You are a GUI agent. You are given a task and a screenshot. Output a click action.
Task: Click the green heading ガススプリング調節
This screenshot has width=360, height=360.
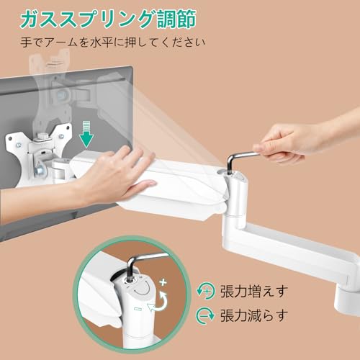click(x=108, y=19)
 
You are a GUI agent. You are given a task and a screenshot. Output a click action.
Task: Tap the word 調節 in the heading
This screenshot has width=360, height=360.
click(x=177, y=19)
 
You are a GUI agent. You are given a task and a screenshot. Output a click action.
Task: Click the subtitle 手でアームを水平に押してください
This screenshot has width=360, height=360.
click(x=113, y=42)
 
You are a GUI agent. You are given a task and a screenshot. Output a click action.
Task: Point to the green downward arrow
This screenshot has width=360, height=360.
click(x=86, y=134)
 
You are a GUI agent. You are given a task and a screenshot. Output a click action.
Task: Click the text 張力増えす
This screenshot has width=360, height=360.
click(x=254, y=291)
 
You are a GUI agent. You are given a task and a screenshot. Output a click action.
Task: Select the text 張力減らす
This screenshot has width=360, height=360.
click(x=254, y=315)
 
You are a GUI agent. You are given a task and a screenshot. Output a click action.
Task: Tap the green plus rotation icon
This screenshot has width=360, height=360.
click(x=205, y=291)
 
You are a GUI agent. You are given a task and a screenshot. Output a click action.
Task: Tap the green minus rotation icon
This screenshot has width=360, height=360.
click(x=205, y=315)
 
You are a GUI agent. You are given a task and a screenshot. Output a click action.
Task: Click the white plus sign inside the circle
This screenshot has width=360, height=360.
click(x=163, y=282)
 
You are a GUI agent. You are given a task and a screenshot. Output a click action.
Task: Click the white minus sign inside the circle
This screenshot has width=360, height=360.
click(x=138, y=309)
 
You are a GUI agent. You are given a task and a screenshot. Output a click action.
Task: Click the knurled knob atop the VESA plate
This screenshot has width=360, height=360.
click(x=44, y=135)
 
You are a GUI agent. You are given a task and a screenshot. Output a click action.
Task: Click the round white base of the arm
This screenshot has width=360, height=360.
click(x=347, y=300)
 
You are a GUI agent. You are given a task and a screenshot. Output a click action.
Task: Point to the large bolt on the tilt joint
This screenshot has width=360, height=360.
click(x=39, y=170)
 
